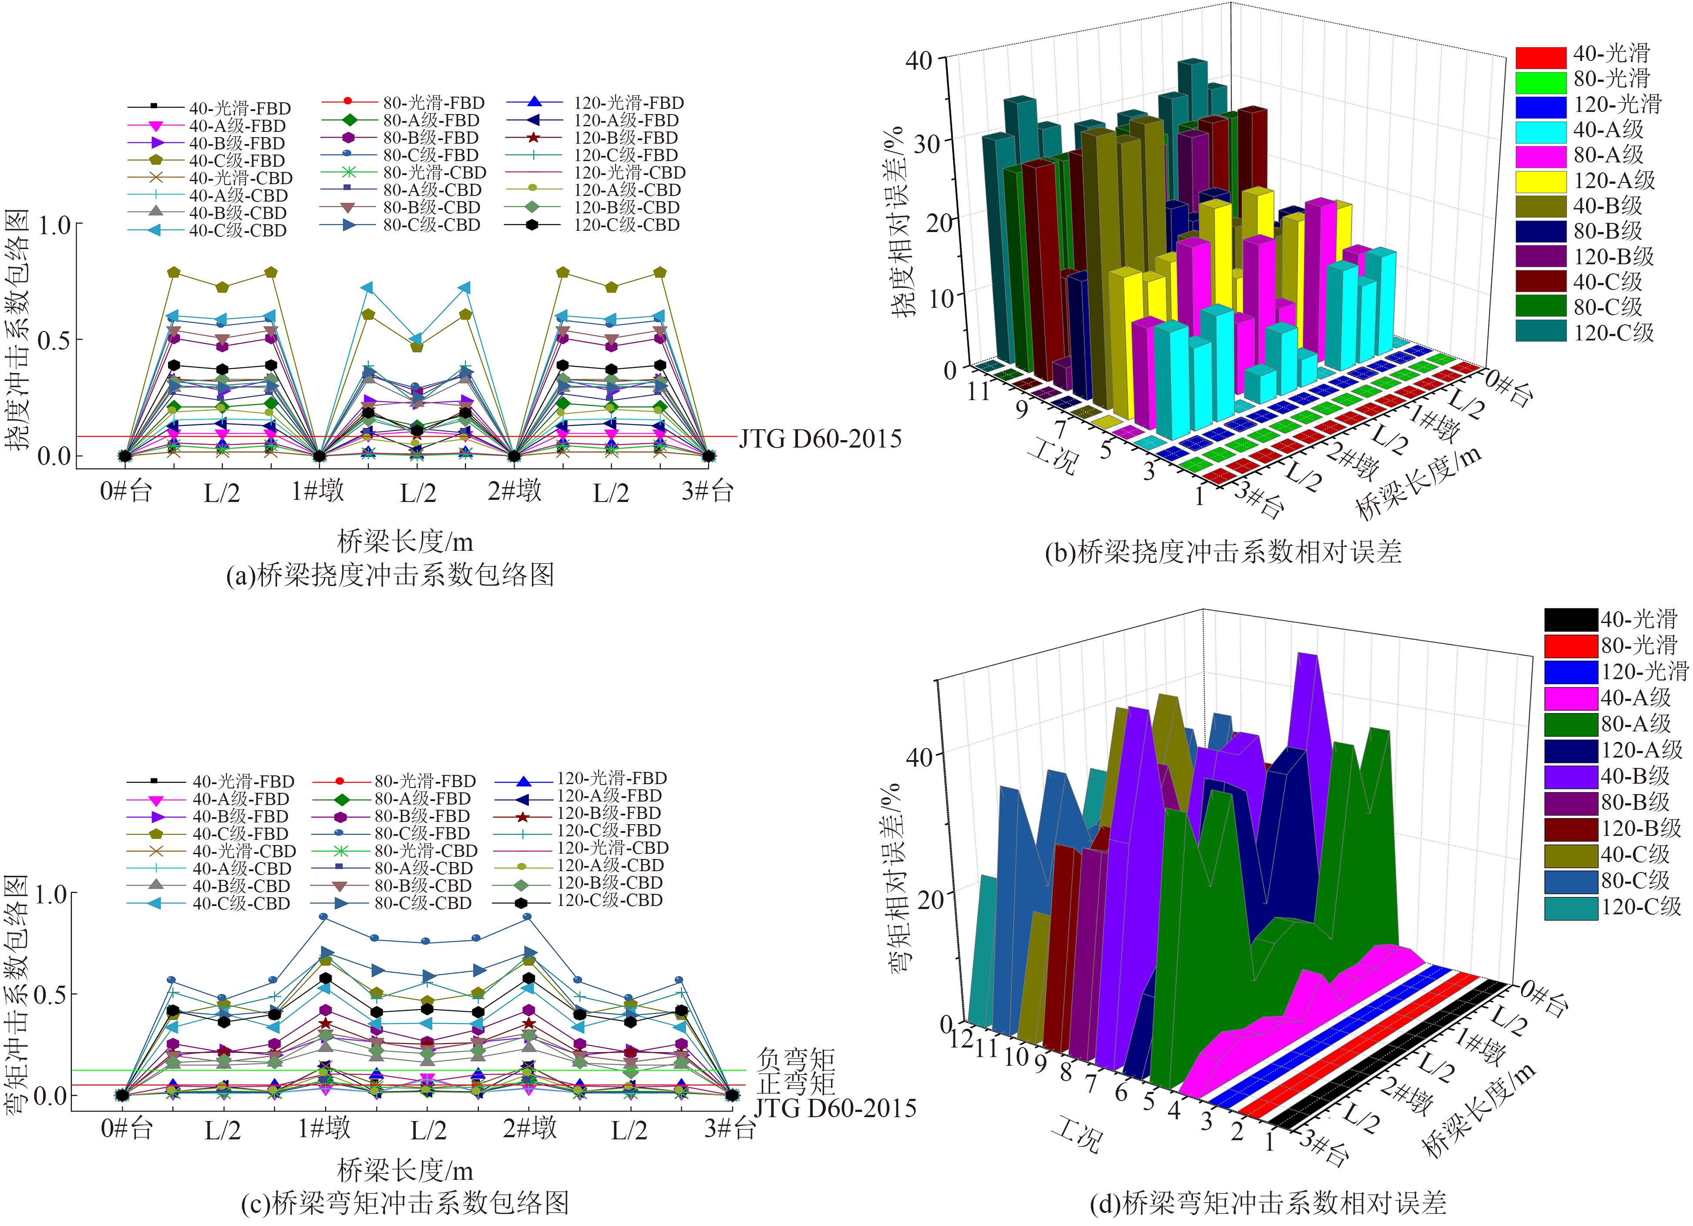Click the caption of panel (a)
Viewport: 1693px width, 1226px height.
click(390, 575)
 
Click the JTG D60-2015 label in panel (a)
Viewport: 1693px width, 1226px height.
click(820, 439)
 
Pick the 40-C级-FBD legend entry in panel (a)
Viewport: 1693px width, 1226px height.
click(237, 161)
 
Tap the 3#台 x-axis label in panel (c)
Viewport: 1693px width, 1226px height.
click(729, 1129)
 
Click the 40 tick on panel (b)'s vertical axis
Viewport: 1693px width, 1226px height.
click(918, 60)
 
